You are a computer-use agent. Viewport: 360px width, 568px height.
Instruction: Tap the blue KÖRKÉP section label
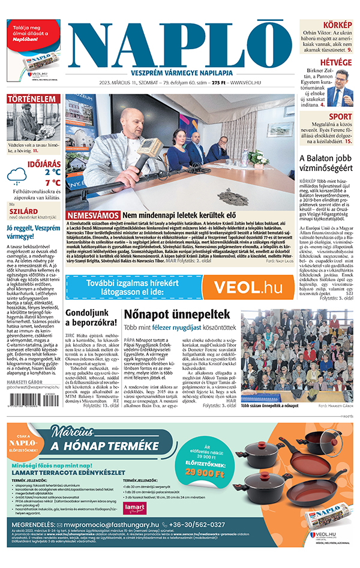click(338, 25)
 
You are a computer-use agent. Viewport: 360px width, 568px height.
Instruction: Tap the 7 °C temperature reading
click(52, 182)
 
